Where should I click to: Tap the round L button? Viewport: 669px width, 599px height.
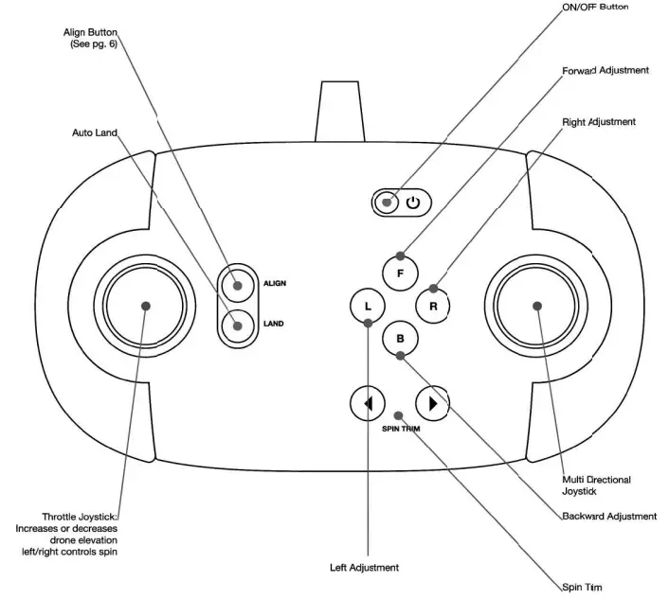pos(368,306)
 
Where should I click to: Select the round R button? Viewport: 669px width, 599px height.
pos(432,306)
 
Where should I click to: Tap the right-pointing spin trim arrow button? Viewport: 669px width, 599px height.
pos(432,404)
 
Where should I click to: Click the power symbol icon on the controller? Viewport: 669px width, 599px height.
pos(413,202)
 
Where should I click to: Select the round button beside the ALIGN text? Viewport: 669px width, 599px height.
pos(236,282)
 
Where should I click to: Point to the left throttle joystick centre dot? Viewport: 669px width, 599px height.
pos(147,305)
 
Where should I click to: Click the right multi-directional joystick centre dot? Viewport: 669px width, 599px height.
pos(537,305)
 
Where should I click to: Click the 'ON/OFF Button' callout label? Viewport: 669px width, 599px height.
pos(595,8)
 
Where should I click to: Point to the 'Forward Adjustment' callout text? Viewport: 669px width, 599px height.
pos(605,71)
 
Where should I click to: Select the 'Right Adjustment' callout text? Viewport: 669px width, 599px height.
pos(599,122)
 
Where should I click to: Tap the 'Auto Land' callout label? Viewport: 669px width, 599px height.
pos(95,132)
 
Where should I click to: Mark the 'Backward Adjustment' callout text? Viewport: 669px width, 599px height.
pos(608,517)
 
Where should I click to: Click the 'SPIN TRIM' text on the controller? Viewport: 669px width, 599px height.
pos(401,429)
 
